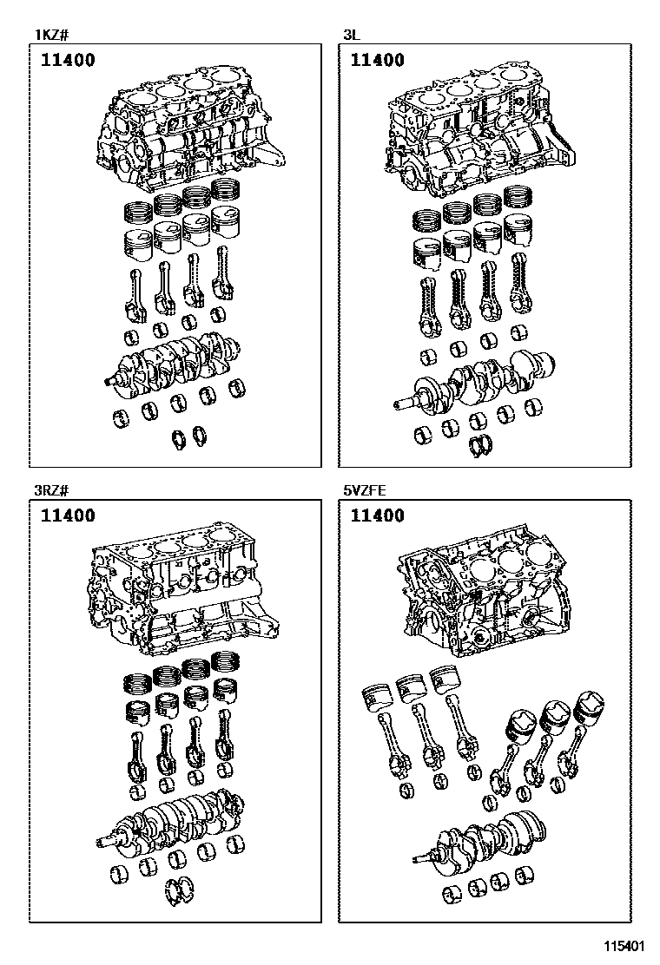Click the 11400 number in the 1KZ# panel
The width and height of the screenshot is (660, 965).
tap(67, 61)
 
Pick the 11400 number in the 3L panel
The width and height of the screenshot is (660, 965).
tap(378, 61)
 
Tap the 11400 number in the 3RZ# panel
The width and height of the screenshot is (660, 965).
tap(67, 516)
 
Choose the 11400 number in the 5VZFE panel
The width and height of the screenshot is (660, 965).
tap(378, 516)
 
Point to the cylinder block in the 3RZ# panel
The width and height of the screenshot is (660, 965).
tap(182, 590)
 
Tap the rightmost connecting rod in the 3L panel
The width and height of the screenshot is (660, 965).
tap(522, 286)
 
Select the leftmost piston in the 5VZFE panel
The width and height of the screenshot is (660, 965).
tap(378, 696)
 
